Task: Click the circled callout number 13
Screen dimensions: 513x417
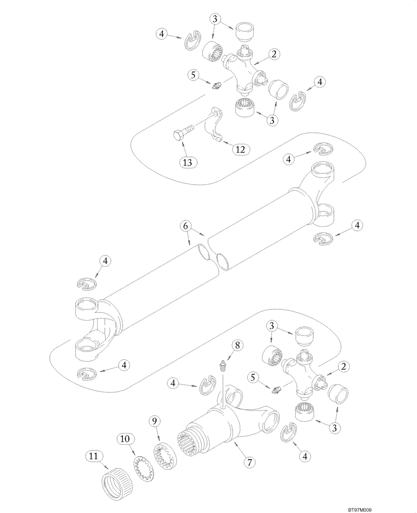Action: click(x=188, y=162)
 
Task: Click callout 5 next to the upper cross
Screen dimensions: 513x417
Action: click(x=194, y=75)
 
